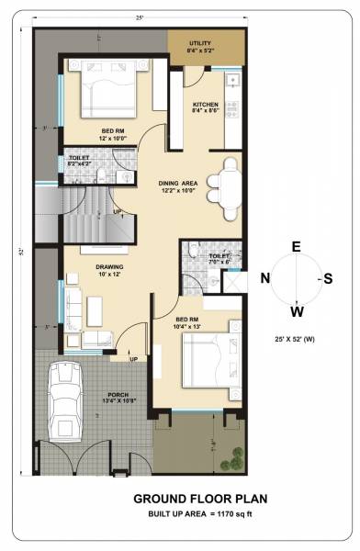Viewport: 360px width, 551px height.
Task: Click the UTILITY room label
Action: click(199, 47)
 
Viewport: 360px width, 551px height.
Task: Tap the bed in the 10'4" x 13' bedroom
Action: click(210, 360)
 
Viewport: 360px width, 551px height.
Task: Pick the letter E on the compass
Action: click(296, 246)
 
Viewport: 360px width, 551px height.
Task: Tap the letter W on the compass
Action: click(296, 309)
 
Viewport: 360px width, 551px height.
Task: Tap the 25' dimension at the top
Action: click(139, 17)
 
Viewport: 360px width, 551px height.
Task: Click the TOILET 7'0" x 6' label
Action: click(219, 259)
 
